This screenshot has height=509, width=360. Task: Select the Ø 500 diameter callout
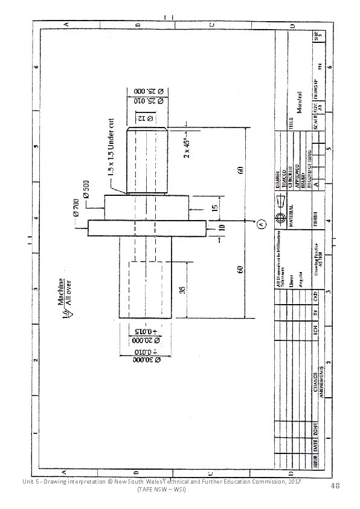[86, 189]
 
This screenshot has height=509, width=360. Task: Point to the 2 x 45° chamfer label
[188, 147]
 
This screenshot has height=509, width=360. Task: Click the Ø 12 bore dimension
[144, 118]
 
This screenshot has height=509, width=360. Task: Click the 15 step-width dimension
[216, 208]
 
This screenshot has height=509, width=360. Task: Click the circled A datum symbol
[262, 224]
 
